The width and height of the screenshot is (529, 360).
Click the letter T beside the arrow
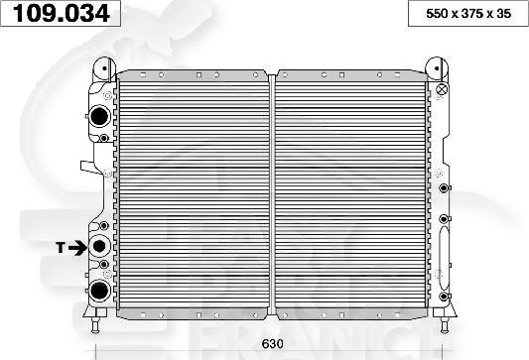point(61,246)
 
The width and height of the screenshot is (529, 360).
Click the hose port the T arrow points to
point(99,246)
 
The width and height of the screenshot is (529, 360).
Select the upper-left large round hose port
point(99,117)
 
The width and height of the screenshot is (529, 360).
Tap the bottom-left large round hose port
point(99,290)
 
